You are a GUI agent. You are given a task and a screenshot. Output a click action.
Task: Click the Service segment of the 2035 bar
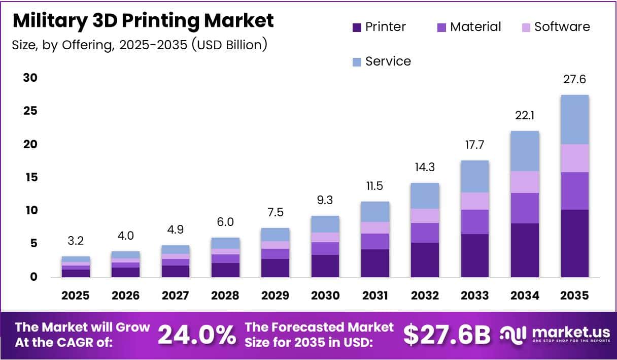coord(574,119)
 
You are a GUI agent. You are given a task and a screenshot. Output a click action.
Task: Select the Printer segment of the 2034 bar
coord(525,250)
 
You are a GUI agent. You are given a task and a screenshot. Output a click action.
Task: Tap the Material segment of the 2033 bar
coord(475,221)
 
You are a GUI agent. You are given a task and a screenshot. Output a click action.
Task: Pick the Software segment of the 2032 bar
coord(425,215)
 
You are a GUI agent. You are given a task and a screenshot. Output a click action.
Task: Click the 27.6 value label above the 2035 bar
coord(574,80)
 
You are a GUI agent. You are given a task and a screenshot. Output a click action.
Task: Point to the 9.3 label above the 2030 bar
coord(325,201)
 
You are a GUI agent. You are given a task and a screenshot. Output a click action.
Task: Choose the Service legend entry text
coord(388,61)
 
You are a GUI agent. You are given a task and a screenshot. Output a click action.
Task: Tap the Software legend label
coord(562,27)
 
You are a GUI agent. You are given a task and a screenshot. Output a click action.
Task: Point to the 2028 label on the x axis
coord(225,296)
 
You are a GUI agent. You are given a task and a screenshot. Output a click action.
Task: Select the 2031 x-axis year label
coord(375,296)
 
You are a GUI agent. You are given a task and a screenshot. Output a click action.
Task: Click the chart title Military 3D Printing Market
coord(143,21)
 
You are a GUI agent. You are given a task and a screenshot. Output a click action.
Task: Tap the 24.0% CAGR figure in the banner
coord(196,335)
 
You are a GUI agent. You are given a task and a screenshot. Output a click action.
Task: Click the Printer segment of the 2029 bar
coord(275,268)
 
